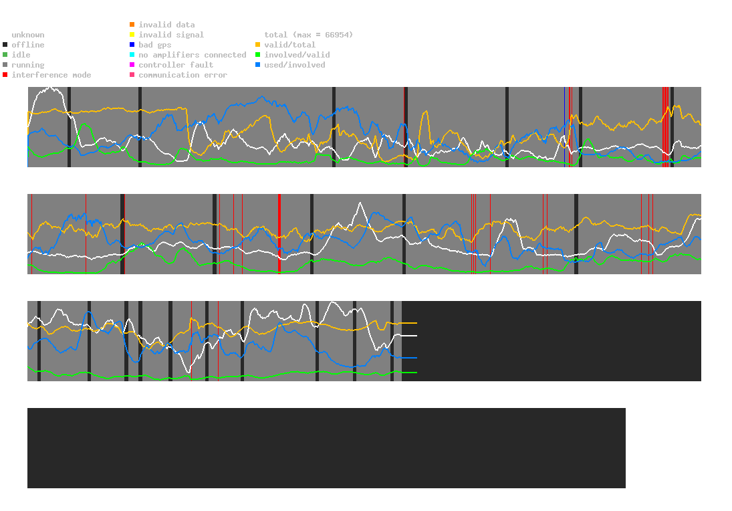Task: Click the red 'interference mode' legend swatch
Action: click(x=5, y=75)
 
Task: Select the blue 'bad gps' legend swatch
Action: click(x=132, y=45)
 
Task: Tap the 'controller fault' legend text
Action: click(x=176, y=65)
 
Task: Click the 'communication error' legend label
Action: click(x=182, y=75)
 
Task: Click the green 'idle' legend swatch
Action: click(x=5, y=55)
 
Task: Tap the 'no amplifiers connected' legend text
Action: click(x=193, y=55)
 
